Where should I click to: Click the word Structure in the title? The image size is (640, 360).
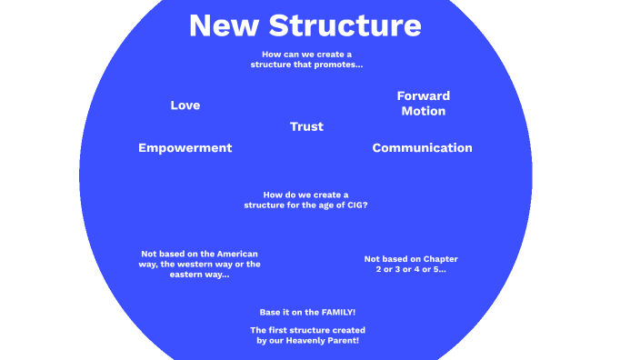pyautogui.click(x=348, y=25)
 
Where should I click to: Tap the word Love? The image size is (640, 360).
pyautogui.click(x=185, y=105)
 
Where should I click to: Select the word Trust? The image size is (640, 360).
pyautogui.click(x=306, y=126)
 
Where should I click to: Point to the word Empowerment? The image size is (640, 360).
pyautogui.click(x=185, y=148)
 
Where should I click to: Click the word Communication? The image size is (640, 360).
pyautogui.click(x=422, y=148)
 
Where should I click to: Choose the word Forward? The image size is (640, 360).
pyautogui.click(x=424, y=95)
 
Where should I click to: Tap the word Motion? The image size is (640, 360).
pyautogui.click(x=424, y=111)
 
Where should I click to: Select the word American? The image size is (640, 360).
pyautogui.click(x=235, y=253)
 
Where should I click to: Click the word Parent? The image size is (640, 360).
pyautogui.click(x=345, y=340)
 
